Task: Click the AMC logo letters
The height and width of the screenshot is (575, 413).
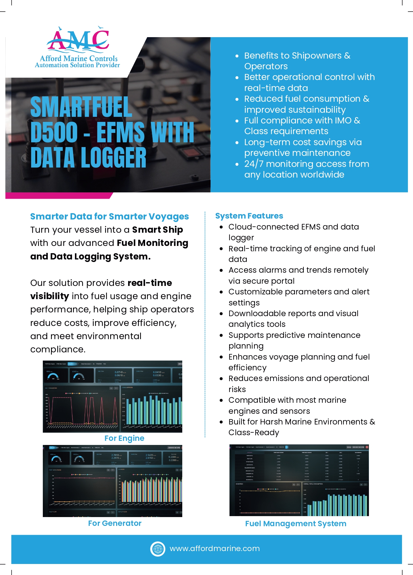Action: (78, 40)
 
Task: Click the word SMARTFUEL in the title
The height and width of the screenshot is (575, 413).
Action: (81, 107)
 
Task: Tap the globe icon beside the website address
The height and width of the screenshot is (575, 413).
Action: (158, 549)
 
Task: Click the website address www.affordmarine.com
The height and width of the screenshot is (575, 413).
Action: (215, 549)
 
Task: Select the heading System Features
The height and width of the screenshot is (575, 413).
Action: (249, 216)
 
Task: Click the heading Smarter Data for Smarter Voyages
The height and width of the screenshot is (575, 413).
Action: (109, 216)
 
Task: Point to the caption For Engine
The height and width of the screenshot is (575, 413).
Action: (124, 438)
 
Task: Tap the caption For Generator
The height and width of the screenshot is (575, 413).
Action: (115, 523)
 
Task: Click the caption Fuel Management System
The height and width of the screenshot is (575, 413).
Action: (296, 523)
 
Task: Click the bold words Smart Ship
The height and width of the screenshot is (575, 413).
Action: (157, 230)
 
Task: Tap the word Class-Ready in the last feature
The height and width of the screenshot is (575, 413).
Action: (254, 432)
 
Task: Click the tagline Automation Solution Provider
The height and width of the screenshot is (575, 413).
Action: (77, 65)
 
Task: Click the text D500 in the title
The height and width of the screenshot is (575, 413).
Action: (54, 132)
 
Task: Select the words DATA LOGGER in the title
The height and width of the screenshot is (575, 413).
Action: (88, 157)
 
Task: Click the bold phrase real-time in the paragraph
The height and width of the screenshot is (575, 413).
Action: (150, 283)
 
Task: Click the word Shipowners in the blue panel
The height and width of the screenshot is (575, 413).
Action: (317, 55)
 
